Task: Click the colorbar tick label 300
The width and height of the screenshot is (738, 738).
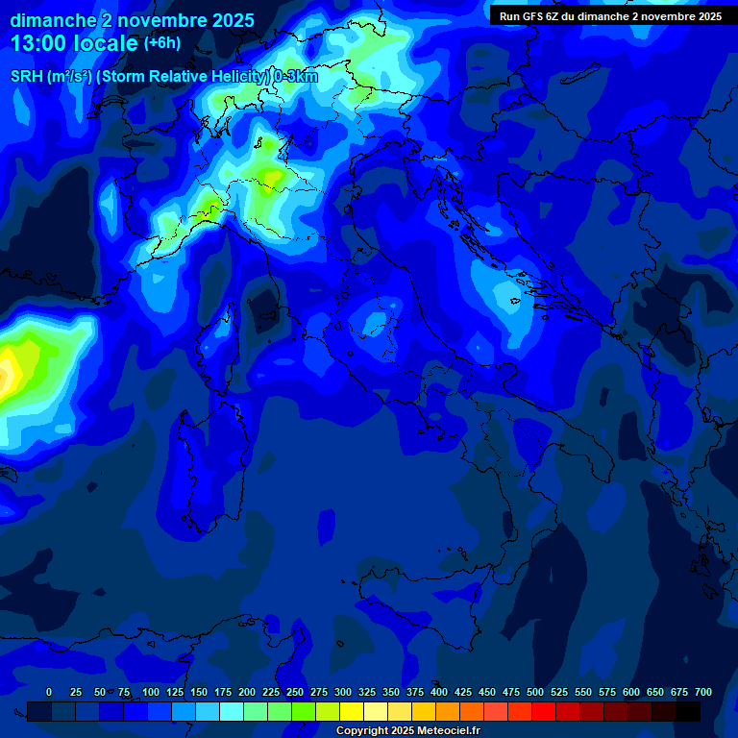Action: (343, 692)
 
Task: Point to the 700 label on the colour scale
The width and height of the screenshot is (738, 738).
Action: (703, 692)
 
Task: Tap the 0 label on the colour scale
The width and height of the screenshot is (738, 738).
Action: (49, 692)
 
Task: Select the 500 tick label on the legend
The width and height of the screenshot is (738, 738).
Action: (535, 692)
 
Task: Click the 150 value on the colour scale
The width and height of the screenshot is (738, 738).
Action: (199, 692)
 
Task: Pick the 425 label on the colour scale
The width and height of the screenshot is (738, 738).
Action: (463, 692)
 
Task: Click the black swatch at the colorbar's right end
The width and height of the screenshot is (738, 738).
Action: (688, 711)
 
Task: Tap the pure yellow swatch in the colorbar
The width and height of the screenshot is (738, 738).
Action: (352, 711)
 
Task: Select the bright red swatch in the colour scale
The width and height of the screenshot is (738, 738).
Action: (544, 711)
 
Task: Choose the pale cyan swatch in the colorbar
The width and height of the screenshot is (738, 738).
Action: (232, 711)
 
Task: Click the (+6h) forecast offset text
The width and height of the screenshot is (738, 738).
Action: (161, 43)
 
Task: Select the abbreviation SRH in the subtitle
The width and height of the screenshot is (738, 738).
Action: (26, 77)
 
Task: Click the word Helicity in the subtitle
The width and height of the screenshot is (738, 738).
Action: (229, 77)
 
